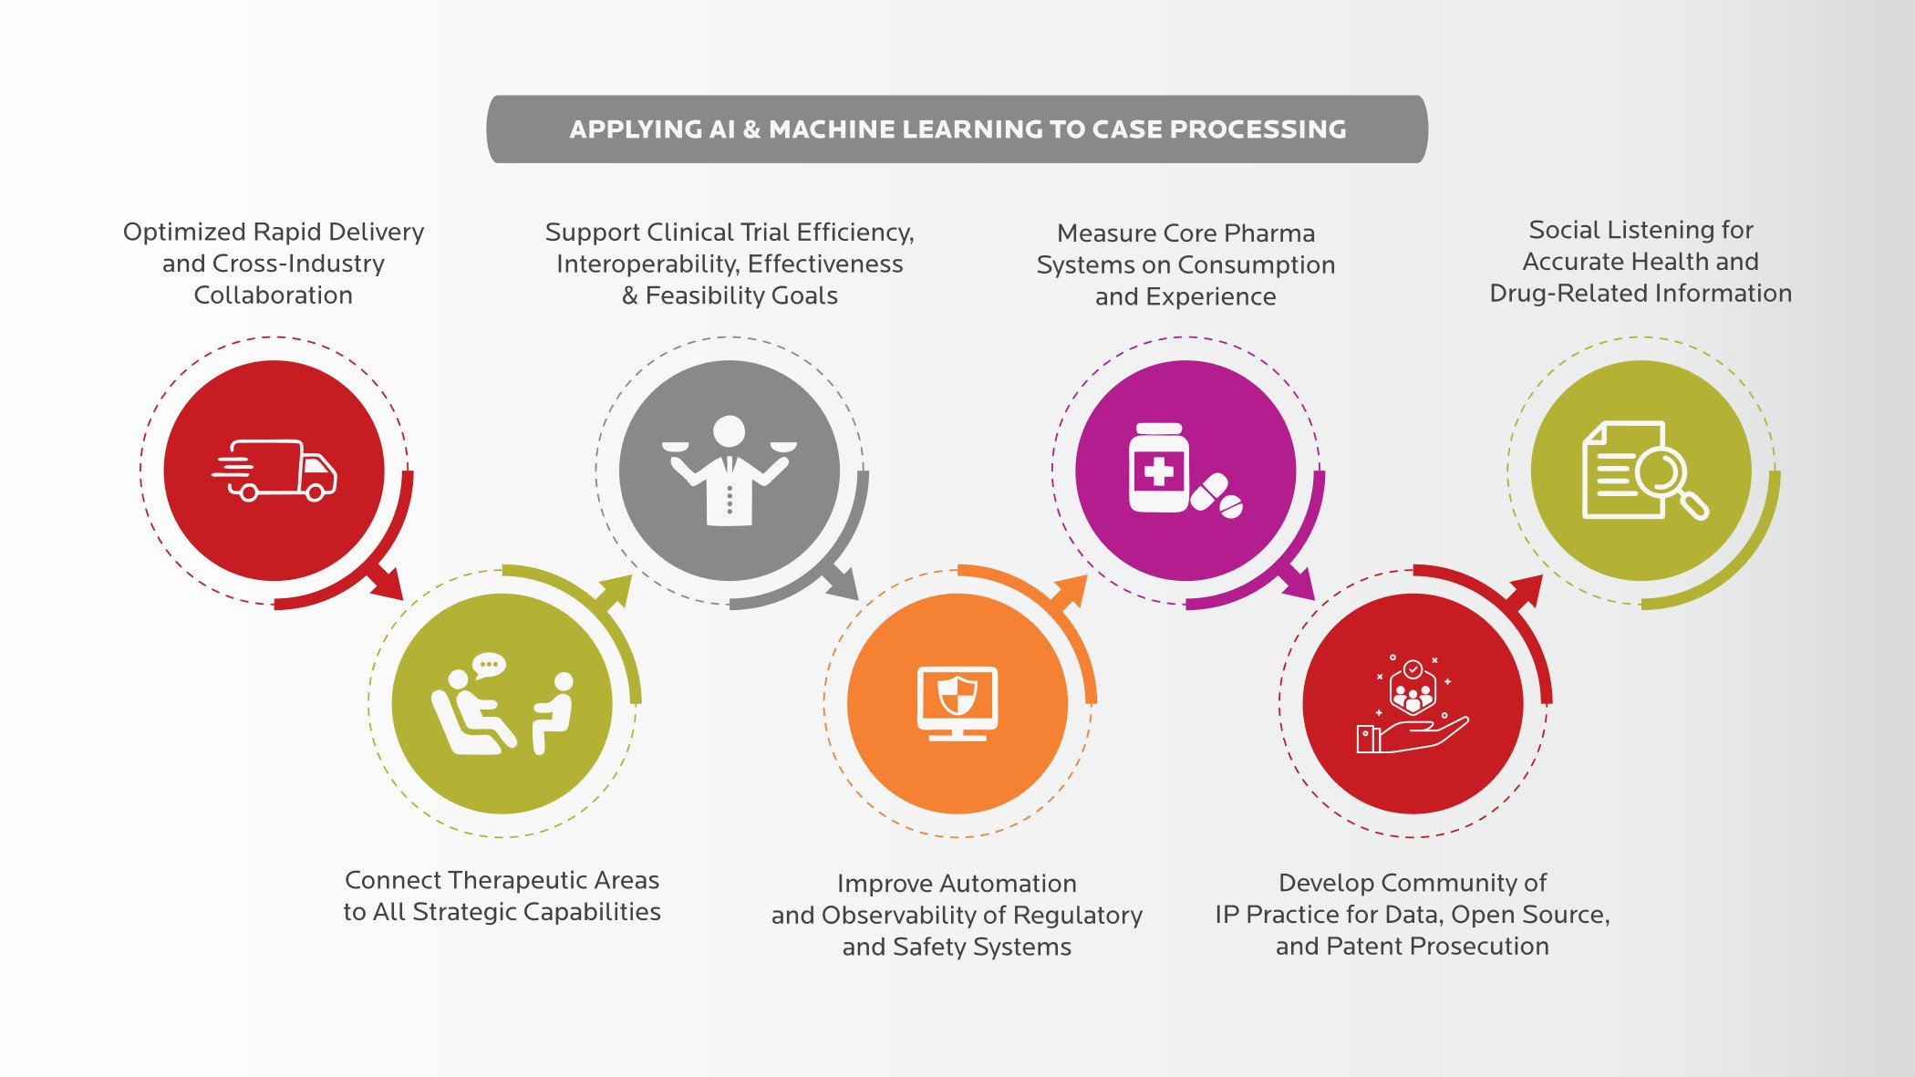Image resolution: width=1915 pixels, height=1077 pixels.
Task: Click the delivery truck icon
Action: (275, 471)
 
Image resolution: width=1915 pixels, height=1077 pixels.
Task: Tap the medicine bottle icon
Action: (1159, 468)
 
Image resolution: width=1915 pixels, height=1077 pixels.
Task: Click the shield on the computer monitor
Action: (957, 696)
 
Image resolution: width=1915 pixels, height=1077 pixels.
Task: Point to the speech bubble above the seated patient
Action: (489, 665)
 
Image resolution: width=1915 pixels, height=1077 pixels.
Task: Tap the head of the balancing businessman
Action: (730, 430)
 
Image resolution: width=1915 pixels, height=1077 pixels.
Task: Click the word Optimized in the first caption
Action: (183, 233)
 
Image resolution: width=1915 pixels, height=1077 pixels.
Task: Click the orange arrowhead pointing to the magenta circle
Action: (1073, 588)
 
